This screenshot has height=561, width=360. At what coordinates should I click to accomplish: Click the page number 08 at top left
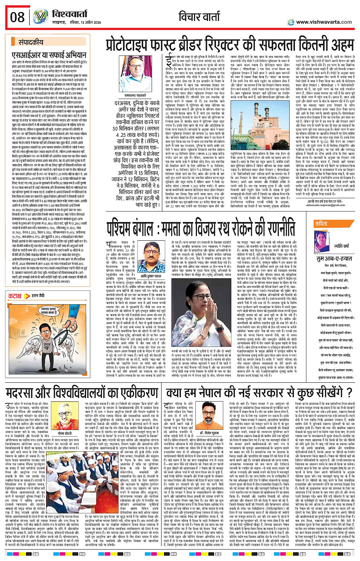coord(17,18)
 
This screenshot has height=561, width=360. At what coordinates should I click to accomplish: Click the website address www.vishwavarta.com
coord(324,22)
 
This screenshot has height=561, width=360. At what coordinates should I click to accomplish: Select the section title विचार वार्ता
coord(199,17)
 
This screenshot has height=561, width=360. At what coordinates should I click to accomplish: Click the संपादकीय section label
coord(31,42)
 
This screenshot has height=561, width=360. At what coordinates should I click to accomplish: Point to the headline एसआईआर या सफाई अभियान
coord(49,55)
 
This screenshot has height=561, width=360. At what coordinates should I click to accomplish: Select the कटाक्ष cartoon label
coord(15,296)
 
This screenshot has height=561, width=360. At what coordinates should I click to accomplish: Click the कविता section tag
coord(321,224)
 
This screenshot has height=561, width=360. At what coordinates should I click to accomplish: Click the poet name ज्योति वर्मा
coord(341,246)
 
